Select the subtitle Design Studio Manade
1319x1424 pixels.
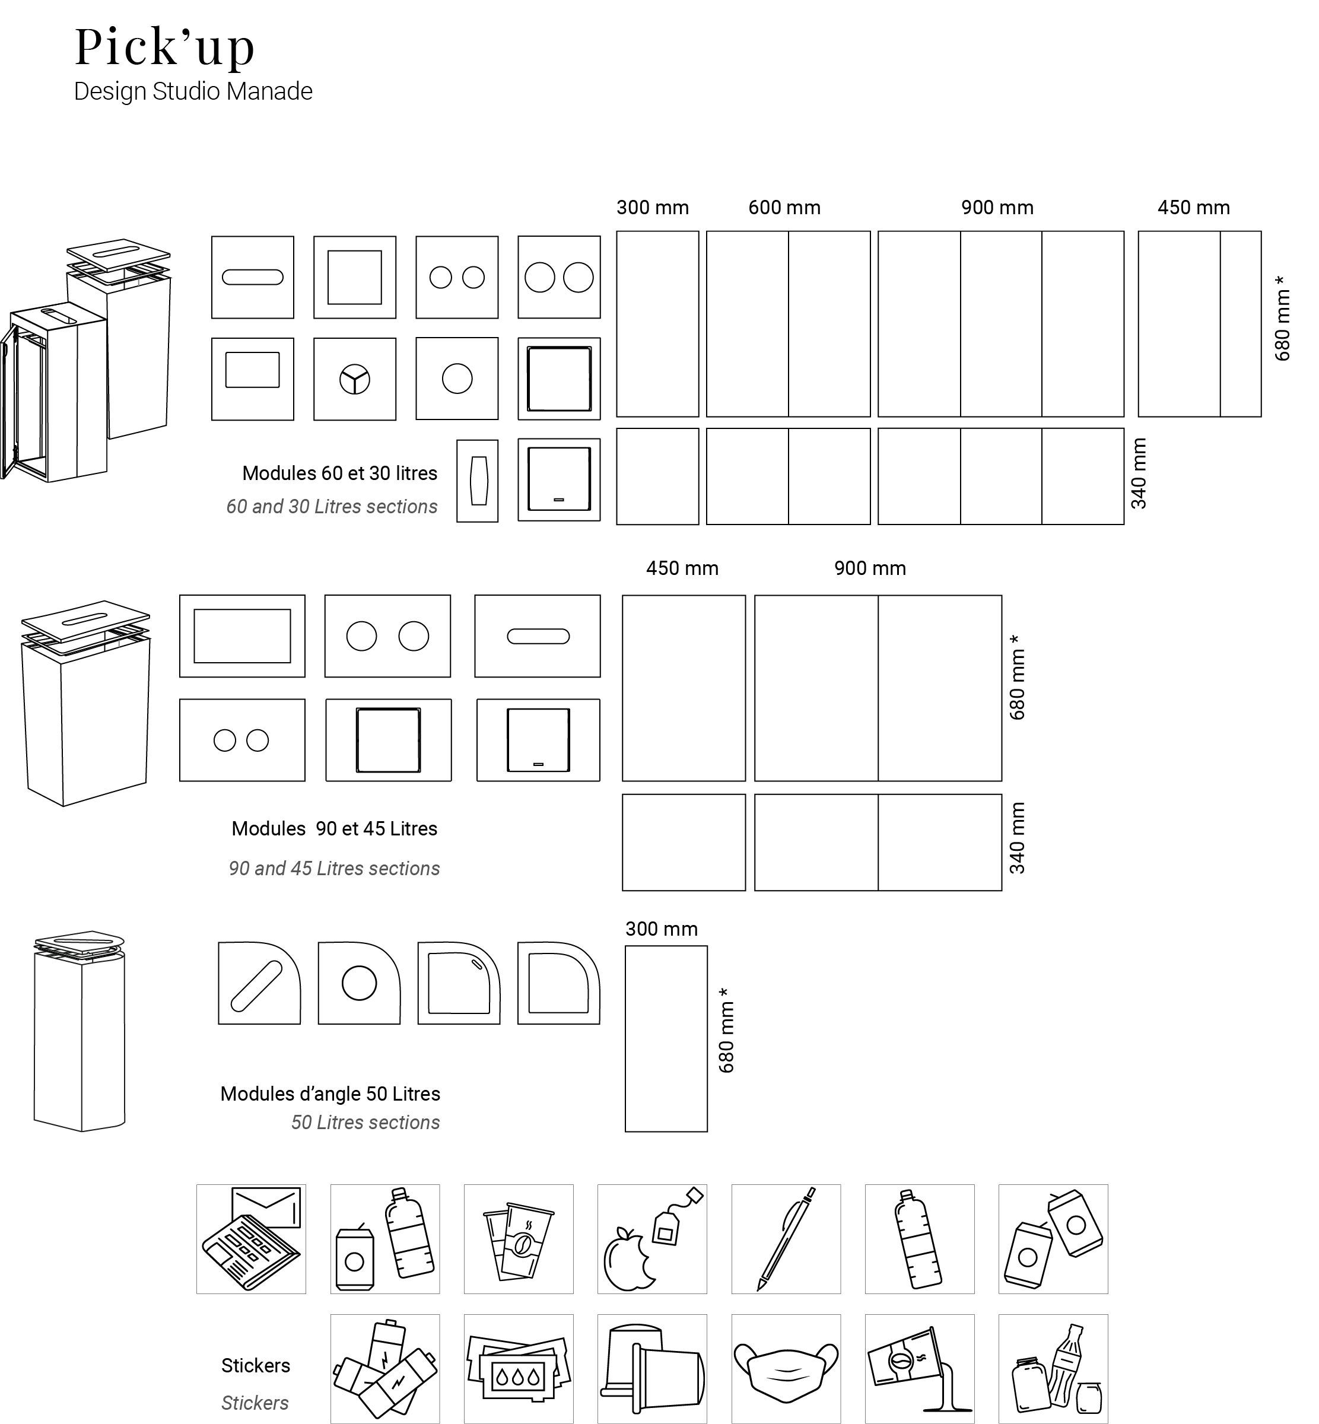[193, 91]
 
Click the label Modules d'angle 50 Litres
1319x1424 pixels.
[330, 1094]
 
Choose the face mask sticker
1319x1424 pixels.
[785, 1368]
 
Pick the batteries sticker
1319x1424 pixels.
[384, 1368]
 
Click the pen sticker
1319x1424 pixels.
[785, 1238]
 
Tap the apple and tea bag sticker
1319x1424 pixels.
[651, 1238]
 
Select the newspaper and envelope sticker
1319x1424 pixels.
[250, 1238]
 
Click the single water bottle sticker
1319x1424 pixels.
[918, 1238]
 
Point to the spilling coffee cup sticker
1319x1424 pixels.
[918, 1368]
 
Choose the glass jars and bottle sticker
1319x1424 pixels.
[1053, 1368]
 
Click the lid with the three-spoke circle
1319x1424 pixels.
[355, 379]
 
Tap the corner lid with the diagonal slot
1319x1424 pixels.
[259, 984]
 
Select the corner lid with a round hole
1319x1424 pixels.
[359, 984]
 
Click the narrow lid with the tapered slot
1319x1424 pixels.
[478, 481]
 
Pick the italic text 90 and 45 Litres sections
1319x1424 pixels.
[334, 869]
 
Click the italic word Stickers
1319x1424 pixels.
[255, 1403]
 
